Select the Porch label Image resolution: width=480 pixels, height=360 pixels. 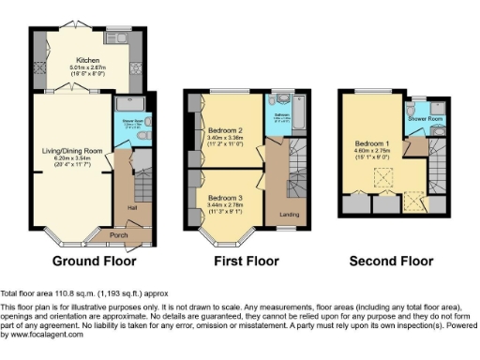[119, 234]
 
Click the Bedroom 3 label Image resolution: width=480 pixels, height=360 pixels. [226, 198]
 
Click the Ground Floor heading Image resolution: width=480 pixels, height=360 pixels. [94, 261]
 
